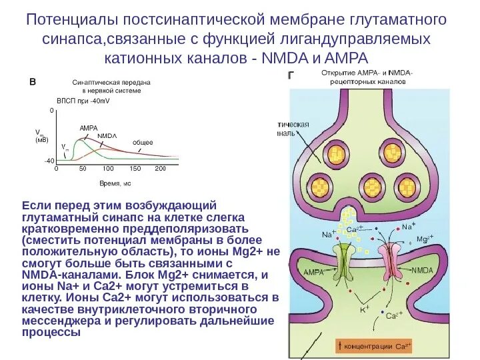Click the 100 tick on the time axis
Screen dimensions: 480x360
(108, 169)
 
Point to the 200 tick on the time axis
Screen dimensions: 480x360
(160, 169)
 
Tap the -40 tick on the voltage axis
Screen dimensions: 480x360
(49, 161)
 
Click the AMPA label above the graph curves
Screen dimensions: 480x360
(88, 127)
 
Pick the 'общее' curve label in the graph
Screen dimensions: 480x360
(143, 142)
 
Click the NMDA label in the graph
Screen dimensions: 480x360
(107, 135)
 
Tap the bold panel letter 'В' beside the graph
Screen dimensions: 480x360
(32, 82)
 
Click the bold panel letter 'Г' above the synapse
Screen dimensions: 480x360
(291, 75)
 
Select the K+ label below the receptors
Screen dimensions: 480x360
(365, 309)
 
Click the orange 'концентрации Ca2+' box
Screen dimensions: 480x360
(376, 346)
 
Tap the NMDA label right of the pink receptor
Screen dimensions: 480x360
(423, 270)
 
